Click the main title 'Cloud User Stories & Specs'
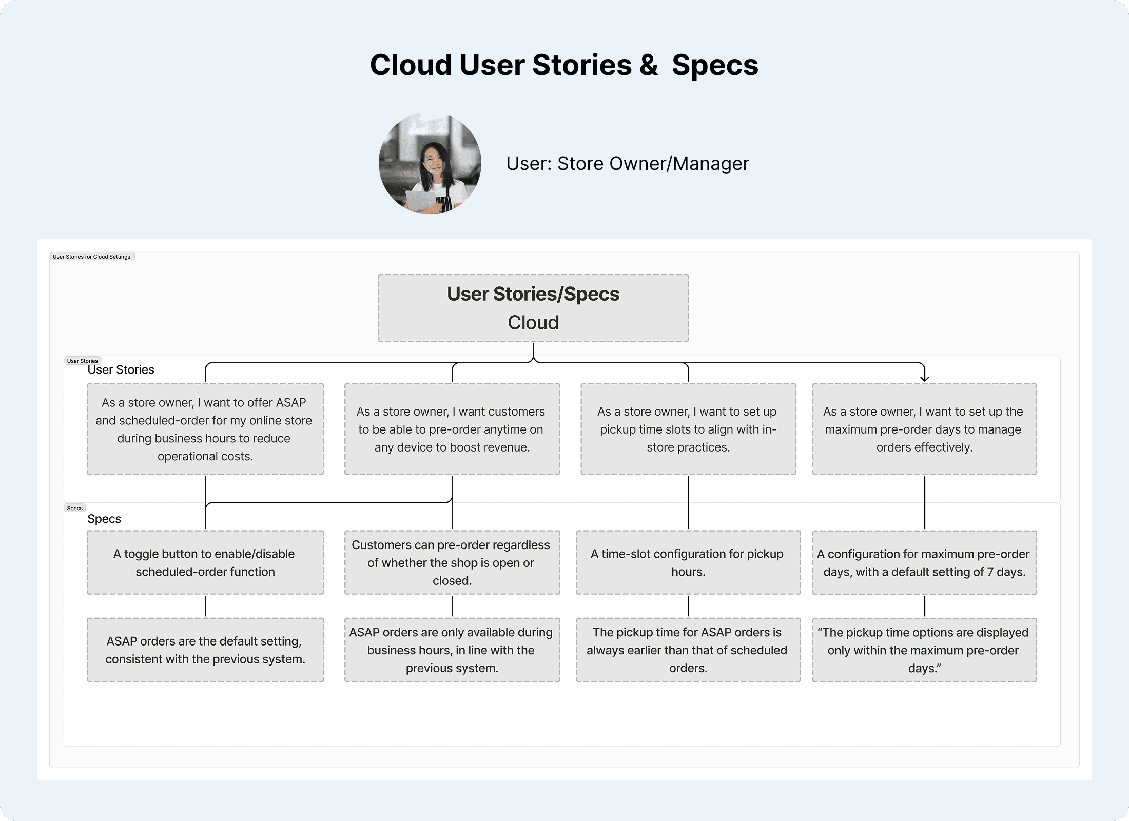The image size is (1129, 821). (x=564, y=65)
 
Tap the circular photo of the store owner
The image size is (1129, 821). (x=430, y=164)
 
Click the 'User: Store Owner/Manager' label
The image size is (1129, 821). (x=627, y=164)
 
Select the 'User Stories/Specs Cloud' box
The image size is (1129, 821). (x=533, y=308)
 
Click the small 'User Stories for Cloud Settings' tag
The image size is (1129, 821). (x=92, y=257)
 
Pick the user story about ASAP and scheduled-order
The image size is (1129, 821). (x=205, y=429)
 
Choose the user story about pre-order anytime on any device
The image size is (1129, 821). (x=452, y=429)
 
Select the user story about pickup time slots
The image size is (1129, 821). (x=688, y=429)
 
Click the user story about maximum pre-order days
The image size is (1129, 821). (x=924, y=429)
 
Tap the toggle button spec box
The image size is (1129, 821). (x=205, y=562)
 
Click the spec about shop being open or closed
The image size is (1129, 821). (x=452, y=562)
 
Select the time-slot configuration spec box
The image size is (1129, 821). (x=688, y=562)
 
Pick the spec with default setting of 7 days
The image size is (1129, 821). (x=924, y=562)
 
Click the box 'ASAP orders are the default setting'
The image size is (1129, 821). (x=205, y=650)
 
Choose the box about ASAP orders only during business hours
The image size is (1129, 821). (x=452, y=650)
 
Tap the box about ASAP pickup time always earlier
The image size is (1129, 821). (x=688, y=650)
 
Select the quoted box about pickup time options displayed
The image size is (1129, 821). (x=924, y=650)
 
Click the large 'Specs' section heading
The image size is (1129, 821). (x=104, y=519)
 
